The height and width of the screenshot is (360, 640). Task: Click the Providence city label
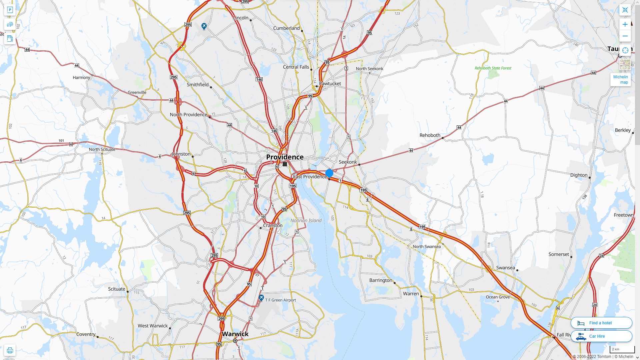285,157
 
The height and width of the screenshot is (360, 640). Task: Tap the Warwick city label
235,334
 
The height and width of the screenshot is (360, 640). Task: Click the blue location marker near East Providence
329,173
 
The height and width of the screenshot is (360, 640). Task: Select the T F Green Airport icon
261,298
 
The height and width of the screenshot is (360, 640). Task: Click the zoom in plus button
625,24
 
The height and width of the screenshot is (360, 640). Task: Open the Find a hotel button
601,323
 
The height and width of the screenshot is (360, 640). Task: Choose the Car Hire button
601,336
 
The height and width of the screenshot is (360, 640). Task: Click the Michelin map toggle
621,79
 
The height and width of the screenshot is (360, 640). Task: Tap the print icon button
10,350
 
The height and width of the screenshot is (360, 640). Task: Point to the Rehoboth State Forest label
493,68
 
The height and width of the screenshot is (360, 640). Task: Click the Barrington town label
381,280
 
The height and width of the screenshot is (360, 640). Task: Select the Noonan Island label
306,220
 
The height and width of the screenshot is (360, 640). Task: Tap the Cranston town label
273,225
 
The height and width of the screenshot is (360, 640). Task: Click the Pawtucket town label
330,83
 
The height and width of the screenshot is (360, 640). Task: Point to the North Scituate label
102,149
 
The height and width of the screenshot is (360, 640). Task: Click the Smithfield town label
198,85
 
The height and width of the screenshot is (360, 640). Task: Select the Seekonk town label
348,162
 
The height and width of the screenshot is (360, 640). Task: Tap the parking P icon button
10,10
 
